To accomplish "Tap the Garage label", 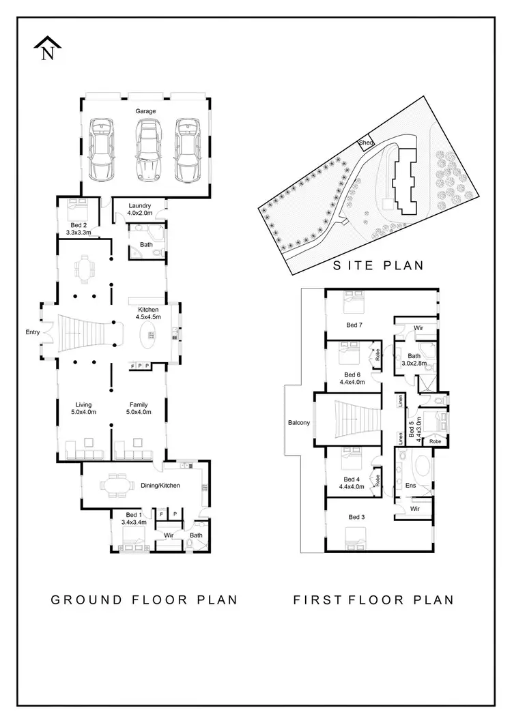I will point(145,111).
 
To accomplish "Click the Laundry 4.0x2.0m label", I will point(144,209).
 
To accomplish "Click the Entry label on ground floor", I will point(32,332).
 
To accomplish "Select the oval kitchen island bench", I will point(149,335).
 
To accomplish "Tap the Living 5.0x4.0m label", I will point(83,409).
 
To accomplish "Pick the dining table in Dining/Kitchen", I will point(115,486).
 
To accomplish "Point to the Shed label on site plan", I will point(366,143).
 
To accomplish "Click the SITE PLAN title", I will point(378,265).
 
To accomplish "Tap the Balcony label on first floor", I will point(299,423).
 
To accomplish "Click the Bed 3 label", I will point(356,517).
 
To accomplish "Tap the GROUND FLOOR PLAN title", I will point(144,600).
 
